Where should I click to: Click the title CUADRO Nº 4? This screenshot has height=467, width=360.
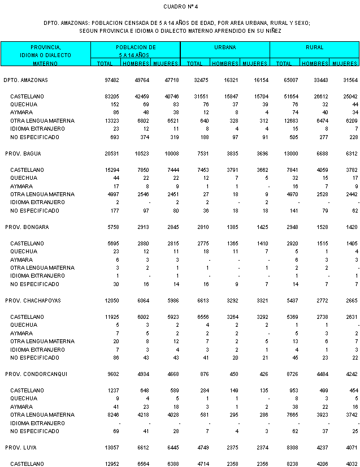[180, 7]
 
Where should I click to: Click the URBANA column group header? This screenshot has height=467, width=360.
[225, 47]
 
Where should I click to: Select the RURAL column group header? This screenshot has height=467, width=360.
[314, 47]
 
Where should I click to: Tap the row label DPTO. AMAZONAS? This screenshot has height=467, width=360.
[25, 80]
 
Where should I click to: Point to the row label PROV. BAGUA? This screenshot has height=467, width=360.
[23, 153]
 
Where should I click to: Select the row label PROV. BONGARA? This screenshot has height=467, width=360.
[27, 227]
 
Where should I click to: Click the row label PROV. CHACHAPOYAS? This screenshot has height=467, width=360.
[33, 300]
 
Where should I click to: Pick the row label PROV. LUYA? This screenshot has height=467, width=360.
[22, 447]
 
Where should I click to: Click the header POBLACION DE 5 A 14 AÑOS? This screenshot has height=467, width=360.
[136, 51]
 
